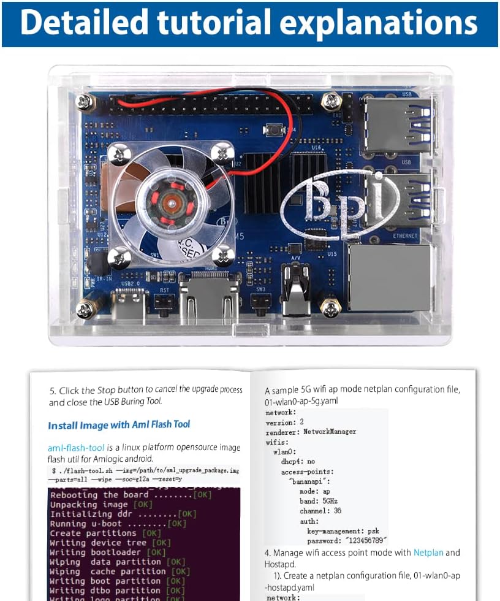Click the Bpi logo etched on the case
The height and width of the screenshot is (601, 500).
click(x=341, y=202)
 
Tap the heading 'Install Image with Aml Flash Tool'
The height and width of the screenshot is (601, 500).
click(x=119, y=424)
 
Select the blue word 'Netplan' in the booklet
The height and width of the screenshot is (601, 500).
click(x=428, y=553)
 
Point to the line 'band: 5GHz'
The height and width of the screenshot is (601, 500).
click(x=319, y=501)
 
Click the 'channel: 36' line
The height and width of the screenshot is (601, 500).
click(x=320, y=511)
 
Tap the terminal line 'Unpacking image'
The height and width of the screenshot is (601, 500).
click(x=89, y=504)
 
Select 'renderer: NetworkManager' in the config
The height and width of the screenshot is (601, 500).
click(x=311, y=432)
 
